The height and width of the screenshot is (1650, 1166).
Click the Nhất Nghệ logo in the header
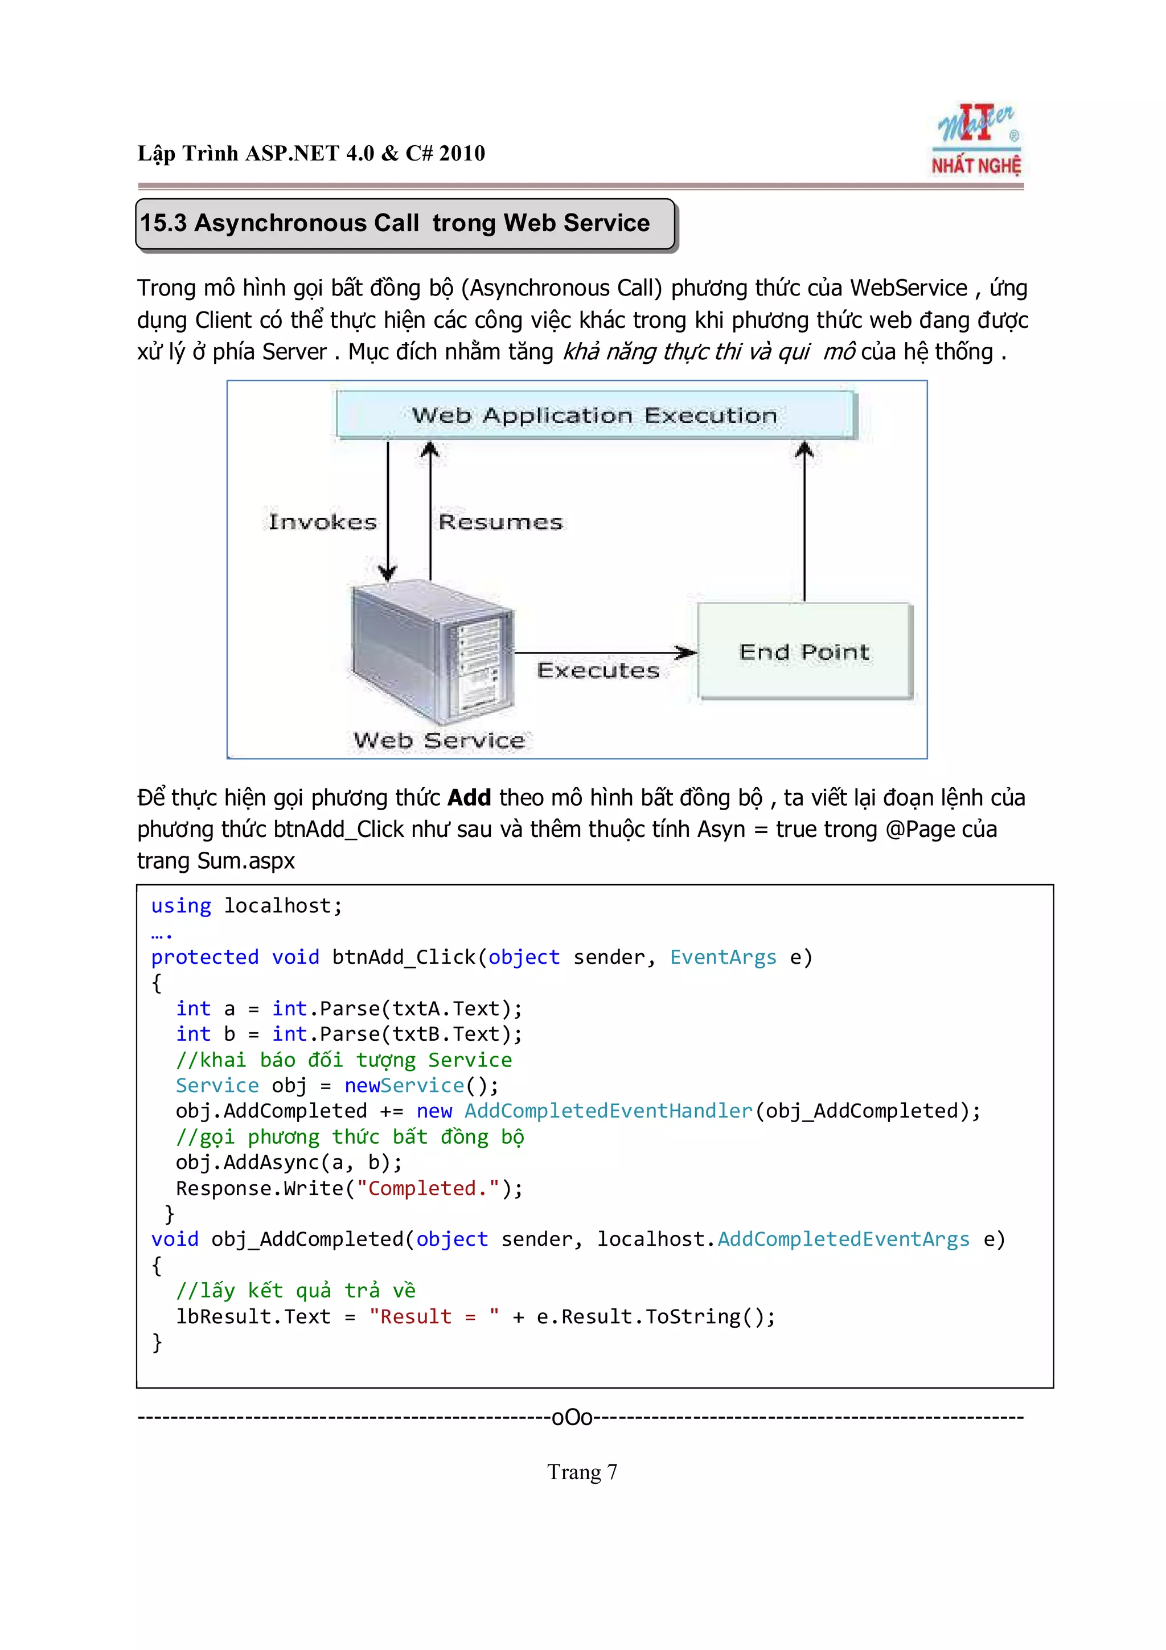[x=976, y=141]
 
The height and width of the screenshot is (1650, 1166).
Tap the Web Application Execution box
[x=595, y=414]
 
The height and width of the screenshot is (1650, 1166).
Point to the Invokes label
[x=323, y=522]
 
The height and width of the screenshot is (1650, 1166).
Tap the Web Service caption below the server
[x=439, y=740]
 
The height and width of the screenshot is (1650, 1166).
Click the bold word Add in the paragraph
[x=469, y=798]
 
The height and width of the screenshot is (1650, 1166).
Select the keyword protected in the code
[x=205, y=957]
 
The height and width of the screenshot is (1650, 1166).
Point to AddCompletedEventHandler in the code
[x=608, y=1111]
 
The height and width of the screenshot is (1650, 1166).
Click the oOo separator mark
[x=572, y=1417]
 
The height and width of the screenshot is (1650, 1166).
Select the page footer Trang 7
[x=582, y=1472]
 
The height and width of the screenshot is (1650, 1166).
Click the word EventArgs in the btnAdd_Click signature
[x=722, y=957]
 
